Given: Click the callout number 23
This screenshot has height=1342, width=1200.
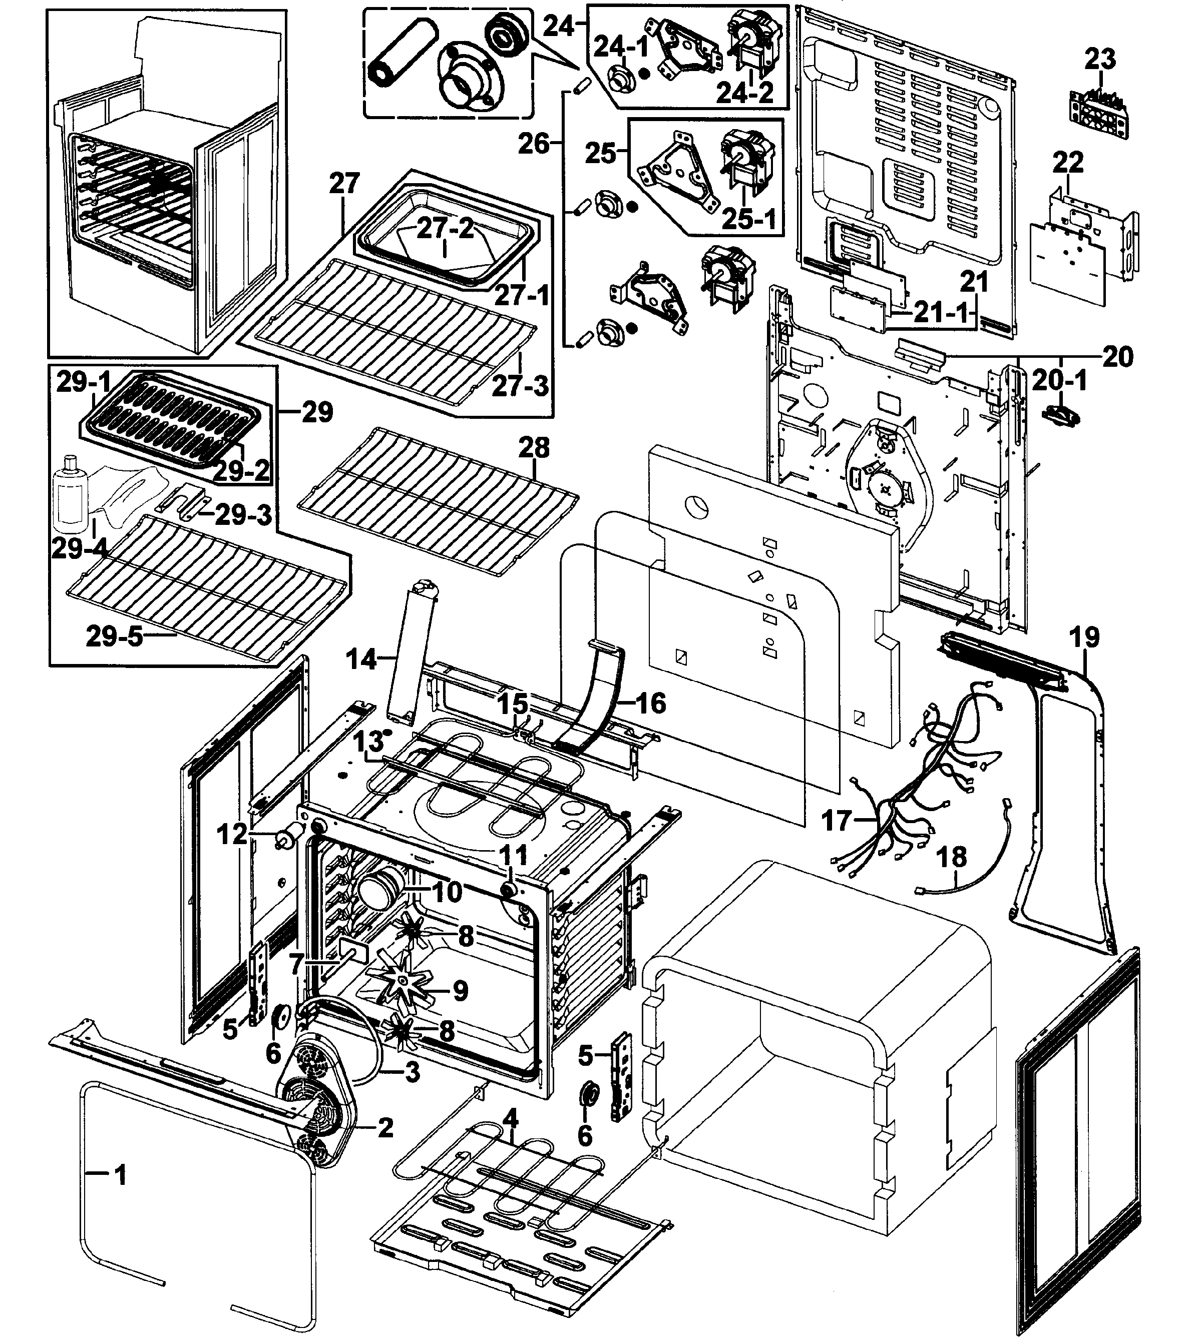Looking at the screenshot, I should point(1100,60).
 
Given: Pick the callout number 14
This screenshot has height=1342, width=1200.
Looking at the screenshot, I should point(361,658).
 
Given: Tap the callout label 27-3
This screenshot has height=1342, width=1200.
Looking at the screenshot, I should point(520,386).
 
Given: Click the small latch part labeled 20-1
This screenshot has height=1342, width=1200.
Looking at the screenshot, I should point(1061,416).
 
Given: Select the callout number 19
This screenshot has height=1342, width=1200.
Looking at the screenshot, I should point(1085,637).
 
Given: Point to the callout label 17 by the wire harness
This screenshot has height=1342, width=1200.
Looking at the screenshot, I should point(837,821).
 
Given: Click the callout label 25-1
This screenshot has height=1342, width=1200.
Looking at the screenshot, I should point(748,219).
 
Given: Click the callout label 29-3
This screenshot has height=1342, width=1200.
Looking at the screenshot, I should point(243,515).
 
